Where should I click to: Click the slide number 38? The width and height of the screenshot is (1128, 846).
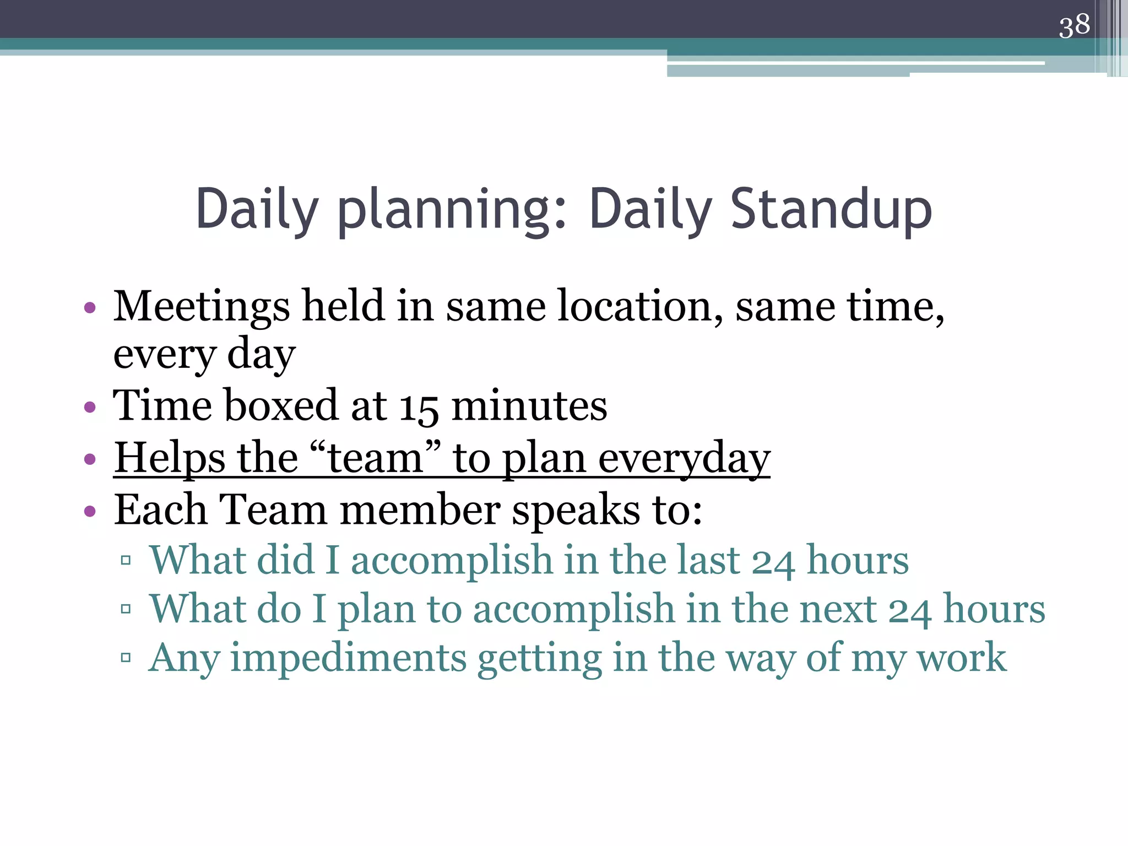point(1074,26)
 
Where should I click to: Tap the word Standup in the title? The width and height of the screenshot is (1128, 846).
point(831,209)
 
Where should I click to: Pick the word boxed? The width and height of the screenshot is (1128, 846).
point(281,405)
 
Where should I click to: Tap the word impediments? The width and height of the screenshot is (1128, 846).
point(348,658)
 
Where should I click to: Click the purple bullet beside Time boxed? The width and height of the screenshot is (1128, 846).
point(90,408)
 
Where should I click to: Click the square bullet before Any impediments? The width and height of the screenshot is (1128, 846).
point(126,658)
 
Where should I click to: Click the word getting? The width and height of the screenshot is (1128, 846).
point(539,659)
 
